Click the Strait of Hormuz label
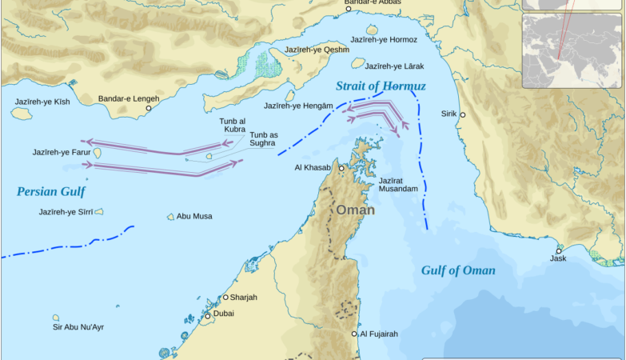click(381, 86)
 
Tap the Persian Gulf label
click(50, 191)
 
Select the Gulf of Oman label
click(458, 270)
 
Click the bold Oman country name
click(355, 210)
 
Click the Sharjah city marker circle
click(225, 297)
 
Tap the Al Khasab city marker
click(341, 168)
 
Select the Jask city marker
click(559, 251)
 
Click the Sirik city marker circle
click(462, 115)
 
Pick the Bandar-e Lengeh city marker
click(148, 108)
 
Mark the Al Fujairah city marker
click(355, 334)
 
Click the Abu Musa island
click(170, 217)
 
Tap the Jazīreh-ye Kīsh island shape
click(22, 114)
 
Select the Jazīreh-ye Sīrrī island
click(99, 212)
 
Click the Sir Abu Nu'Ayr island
click(56, 318)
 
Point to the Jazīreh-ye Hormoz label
click(384, 39)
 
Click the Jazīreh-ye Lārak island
click(357, 63)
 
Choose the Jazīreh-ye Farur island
click(97, 152)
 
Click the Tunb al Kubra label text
click(233, 125)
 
